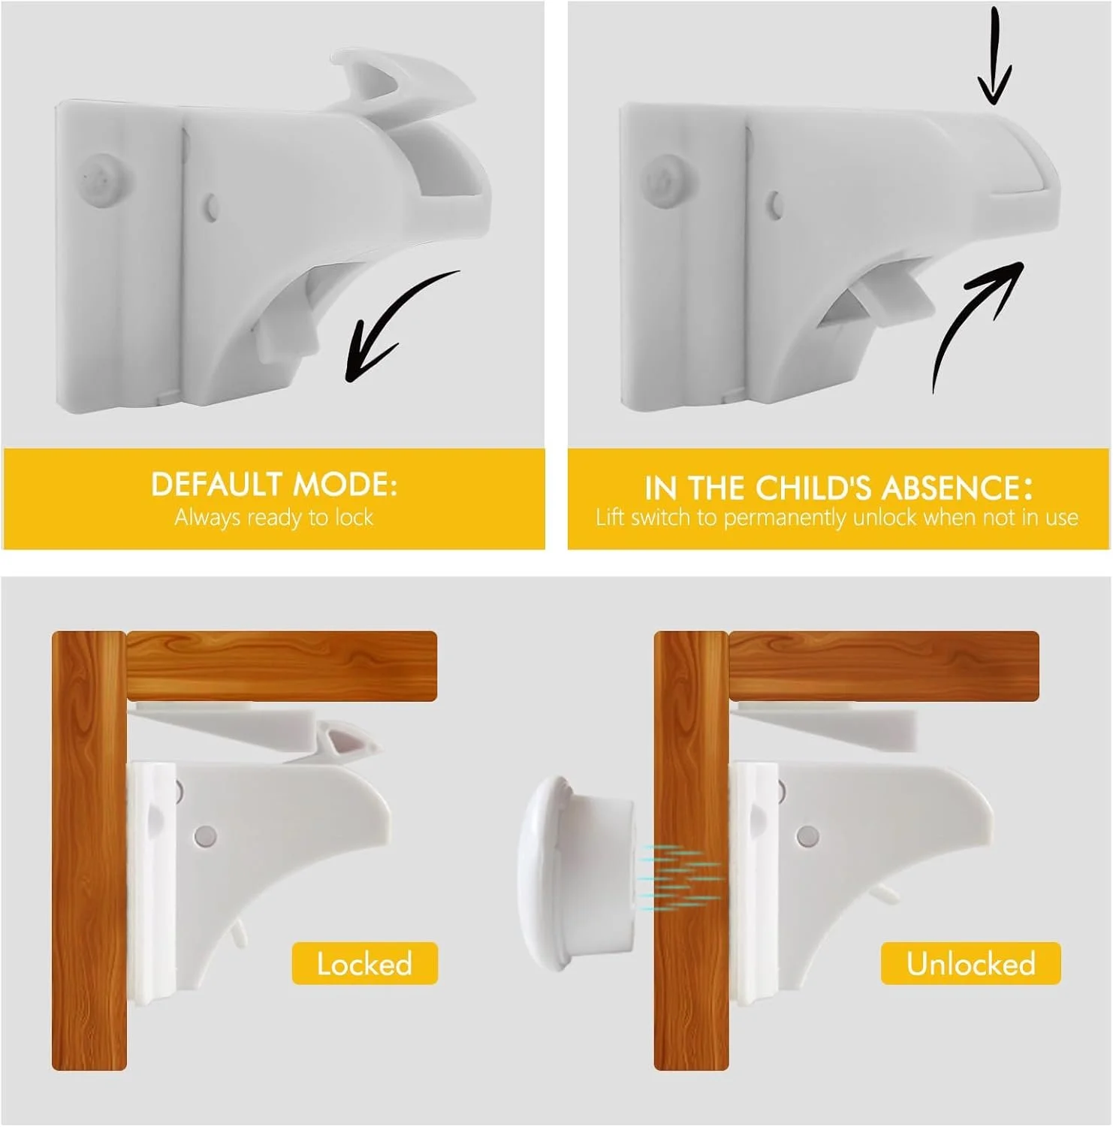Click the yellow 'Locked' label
(x=364, y=963)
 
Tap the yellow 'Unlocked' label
(x=970, y=963)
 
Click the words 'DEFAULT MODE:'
(x=274, y=485)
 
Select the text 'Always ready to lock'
(x=274, y=518)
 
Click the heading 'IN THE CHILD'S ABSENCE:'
(x=838, y=488)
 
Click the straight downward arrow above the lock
(x=994, y=56)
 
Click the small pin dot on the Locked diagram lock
(x=205, y=835)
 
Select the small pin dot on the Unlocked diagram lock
(x=807, y=835)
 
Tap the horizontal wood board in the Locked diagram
(x=282, y=666)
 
